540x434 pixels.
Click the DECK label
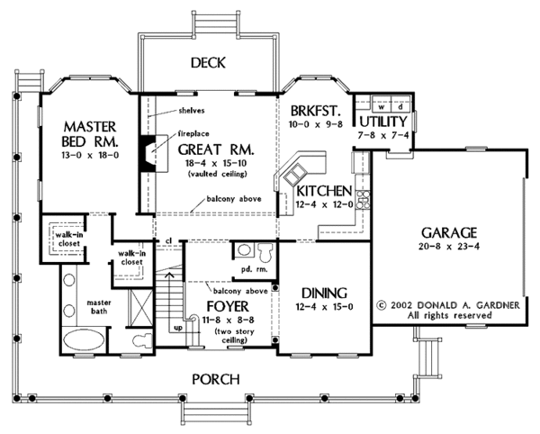208,63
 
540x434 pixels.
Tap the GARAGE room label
449,233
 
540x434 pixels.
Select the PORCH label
216,379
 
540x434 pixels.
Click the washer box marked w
382,107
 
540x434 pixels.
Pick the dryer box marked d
400,107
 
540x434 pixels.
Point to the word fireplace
193,133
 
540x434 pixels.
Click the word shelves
192,111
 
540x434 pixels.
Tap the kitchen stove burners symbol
363,199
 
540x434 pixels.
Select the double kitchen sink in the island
294,175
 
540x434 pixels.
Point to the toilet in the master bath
142,340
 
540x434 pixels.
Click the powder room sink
244,249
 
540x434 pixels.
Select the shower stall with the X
140,307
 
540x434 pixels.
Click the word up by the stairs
178,328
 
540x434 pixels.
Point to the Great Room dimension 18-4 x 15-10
217,163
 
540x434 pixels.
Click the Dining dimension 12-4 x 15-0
324,306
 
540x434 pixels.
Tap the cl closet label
168,240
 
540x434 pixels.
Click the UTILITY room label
383,122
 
